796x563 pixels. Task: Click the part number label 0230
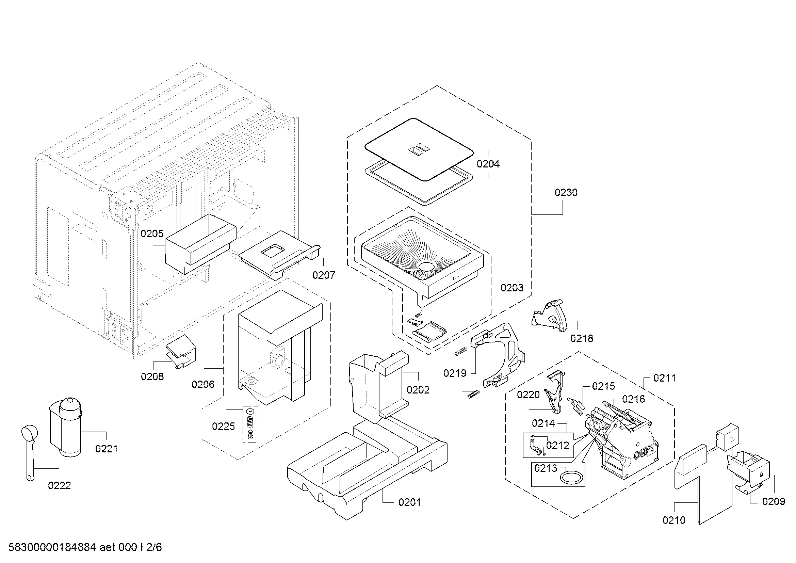[566, 192]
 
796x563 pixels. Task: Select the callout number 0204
[488, 164]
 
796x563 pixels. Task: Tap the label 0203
[512, 287]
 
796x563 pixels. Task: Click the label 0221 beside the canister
[107, 449]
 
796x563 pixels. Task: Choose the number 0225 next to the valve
[223, 427]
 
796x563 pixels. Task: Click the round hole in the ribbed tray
[426, 266]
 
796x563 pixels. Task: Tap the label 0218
[581, 338]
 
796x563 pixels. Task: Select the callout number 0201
[409, 502]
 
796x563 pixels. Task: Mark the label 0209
[774, 502]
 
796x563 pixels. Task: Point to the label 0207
[323, 275]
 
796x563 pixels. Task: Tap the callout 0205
[152, 234]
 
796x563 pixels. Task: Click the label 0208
[152, 376]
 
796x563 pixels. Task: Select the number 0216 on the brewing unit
[633, 399]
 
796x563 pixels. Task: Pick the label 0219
[455, 373]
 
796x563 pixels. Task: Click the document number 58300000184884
[52, 547]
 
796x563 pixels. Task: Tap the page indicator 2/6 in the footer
[154, 547]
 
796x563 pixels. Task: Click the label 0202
[418, 390]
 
